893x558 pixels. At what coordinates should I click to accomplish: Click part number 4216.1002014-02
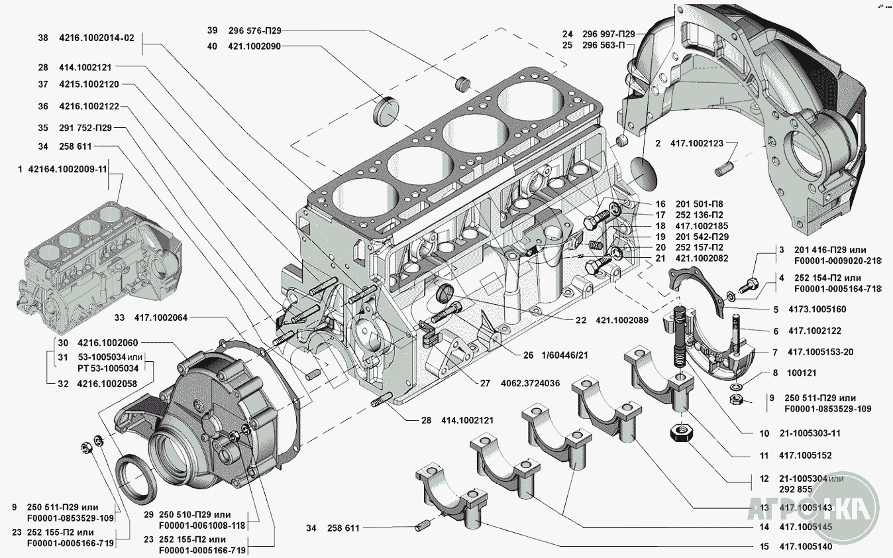coord(96,38)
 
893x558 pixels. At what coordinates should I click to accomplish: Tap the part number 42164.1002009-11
coord(68,169)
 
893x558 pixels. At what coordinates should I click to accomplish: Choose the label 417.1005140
coord(806,547)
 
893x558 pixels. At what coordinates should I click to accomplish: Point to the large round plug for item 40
coord(388,111)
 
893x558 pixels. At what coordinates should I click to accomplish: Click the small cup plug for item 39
coord(462,82)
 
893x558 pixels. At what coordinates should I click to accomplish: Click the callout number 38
coord(43,38)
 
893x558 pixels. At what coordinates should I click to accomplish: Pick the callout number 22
coord(581,320)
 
